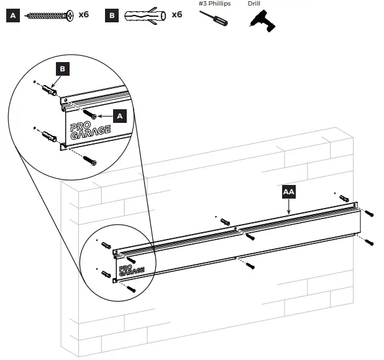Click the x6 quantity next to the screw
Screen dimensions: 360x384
coord(84,14)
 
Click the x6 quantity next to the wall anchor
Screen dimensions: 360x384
coord(176,14)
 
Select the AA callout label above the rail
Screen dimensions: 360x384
coord(288,192)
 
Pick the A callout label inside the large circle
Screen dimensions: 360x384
coord(120,115)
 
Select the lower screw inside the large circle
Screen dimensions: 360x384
coord(90,161)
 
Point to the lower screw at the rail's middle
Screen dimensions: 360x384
coord(250,265)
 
